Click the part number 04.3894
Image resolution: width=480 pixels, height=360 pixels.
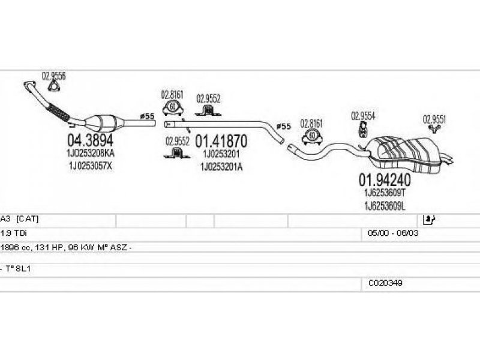[90, 142]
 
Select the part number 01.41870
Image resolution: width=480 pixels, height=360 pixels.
[221, 142]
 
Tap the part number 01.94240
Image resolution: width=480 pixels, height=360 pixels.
[384, 179]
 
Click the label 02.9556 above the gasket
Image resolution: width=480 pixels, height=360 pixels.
[53, 76]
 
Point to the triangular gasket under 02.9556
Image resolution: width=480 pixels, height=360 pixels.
[53, 86]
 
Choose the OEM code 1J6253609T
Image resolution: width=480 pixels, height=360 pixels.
[384, 193]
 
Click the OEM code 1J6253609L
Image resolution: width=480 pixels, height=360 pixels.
[384, 205]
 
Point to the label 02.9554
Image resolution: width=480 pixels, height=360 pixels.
[363, 116]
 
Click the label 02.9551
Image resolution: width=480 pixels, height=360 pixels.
[434, 118]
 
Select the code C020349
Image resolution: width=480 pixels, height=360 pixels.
[385, 282]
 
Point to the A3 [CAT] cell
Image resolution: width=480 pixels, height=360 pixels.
[20, 218]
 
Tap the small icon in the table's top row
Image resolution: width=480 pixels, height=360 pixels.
[428, 218]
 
